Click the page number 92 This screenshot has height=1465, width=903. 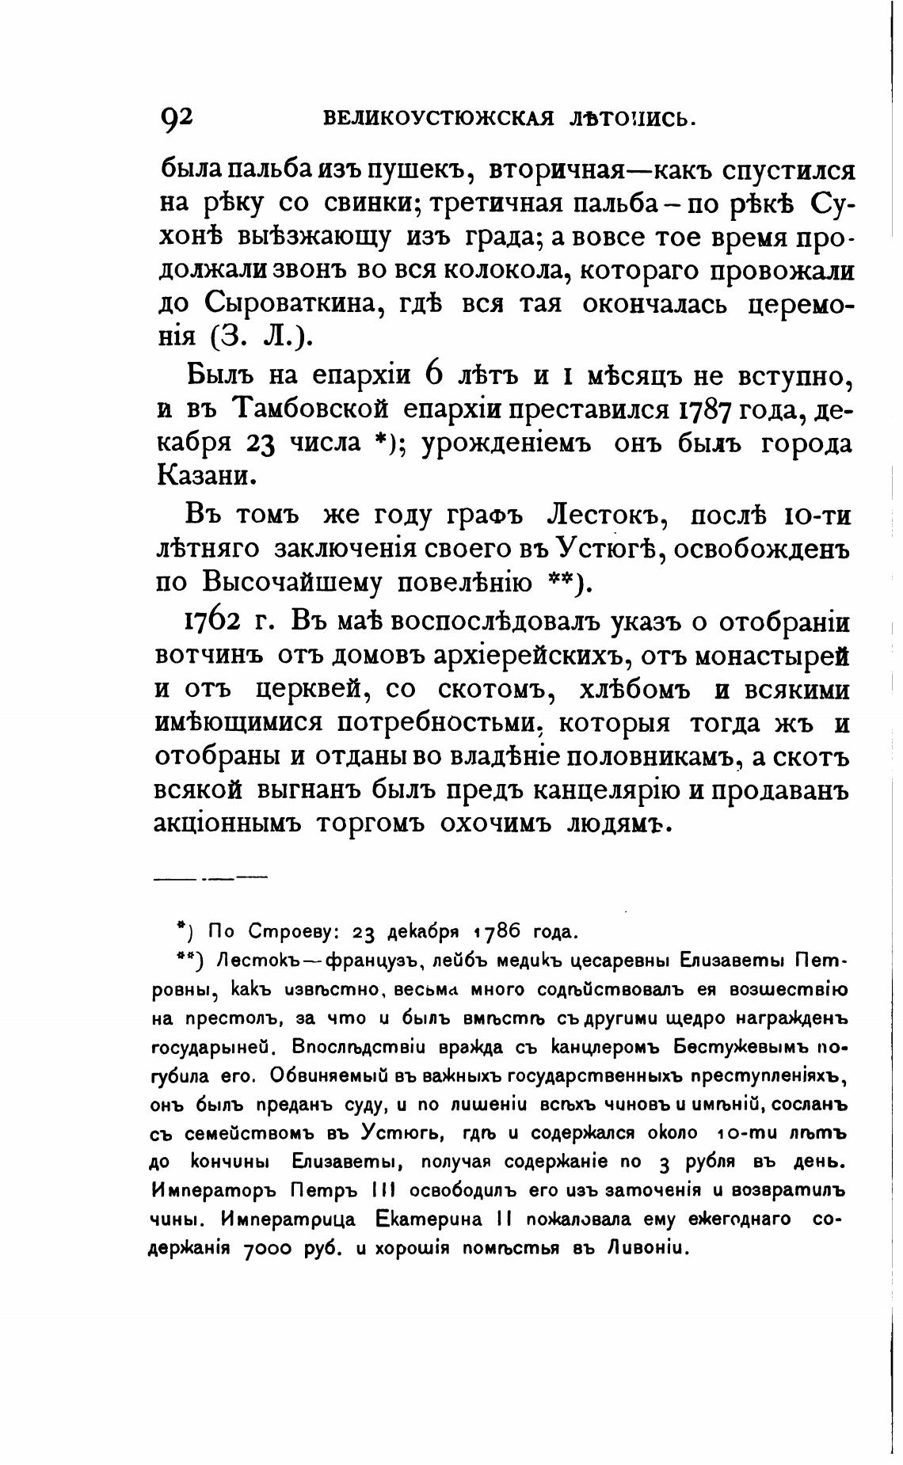pos(176,119)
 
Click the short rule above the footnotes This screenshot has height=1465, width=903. pos(211,877)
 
